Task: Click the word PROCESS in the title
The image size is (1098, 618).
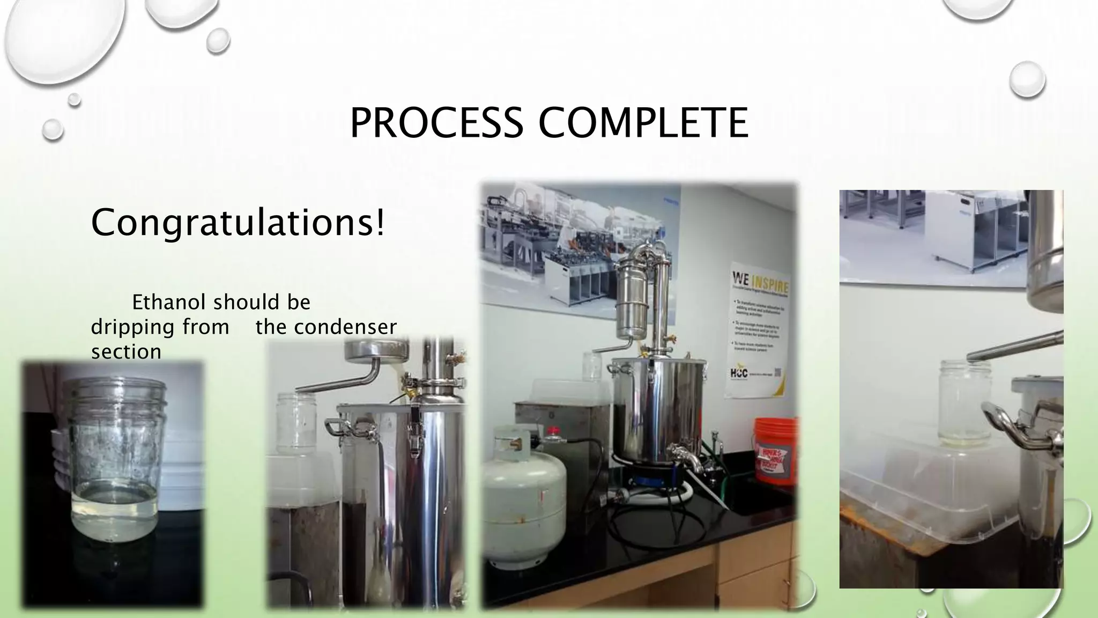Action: pyautogui.click(x=436, y=123)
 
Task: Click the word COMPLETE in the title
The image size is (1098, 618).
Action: pyautogui.click(x=643, y=123)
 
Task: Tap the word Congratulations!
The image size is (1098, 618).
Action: pyautogui.click(x=238, y=222)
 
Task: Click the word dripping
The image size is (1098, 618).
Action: pyautogui.click(x=160, y=327)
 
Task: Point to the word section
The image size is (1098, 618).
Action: pyautogui.click(x=126, y=352)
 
